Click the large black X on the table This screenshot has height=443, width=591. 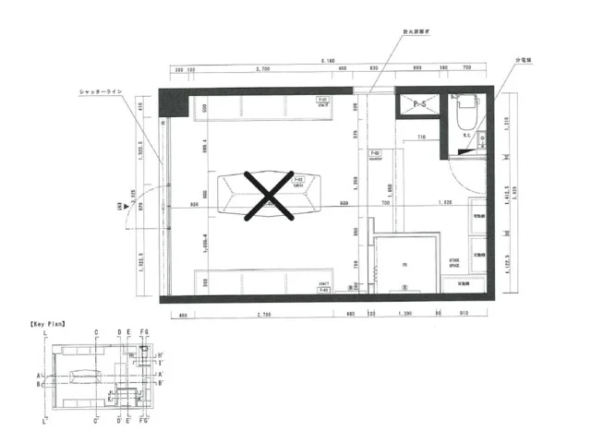point(268,196)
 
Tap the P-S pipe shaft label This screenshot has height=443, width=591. point(419,103)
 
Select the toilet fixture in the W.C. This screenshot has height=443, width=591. point(463,112)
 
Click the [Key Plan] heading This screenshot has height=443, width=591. point(46,325)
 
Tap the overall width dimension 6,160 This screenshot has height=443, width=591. point(327,60)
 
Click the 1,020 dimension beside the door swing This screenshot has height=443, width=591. point(444,202)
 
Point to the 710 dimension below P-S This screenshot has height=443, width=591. point(420,137)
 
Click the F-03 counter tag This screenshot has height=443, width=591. point(375,153)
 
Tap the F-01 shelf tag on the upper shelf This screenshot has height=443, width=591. point(323,100)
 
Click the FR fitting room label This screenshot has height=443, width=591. point(404,267)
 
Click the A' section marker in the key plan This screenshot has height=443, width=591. point(160,374)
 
